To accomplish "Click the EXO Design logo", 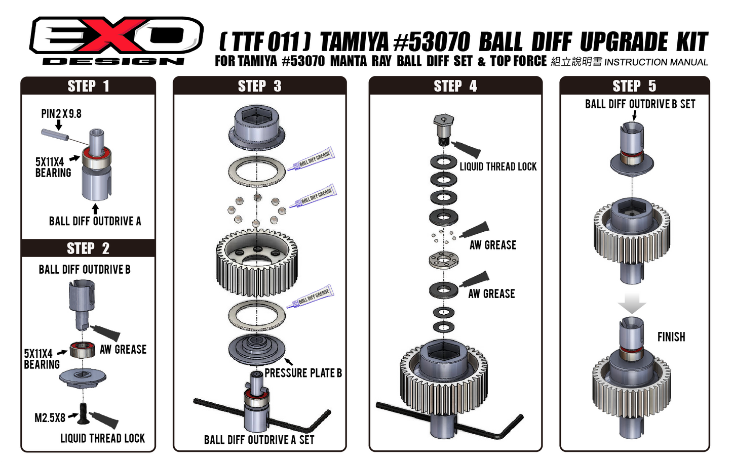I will (117, 40).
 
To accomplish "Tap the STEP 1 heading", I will (88, 86).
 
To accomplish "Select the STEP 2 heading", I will (88, 248).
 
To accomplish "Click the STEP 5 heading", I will (634, 86).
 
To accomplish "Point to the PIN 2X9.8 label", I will (61, 114).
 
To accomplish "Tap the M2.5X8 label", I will (50, 418).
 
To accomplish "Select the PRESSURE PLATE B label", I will (303, 373).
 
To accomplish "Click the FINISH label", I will (671, 337).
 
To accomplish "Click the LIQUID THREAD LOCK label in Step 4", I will (498, 166).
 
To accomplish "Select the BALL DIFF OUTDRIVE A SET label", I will (259, 440).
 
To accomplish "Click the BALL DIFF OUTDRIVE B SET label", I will (640, 104).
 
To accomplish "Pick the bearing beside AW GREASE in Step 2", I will (82, 349).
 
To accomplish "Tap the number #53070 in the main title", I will (432, 43).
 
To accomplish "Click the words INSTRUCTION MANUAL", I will (656, 62).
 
